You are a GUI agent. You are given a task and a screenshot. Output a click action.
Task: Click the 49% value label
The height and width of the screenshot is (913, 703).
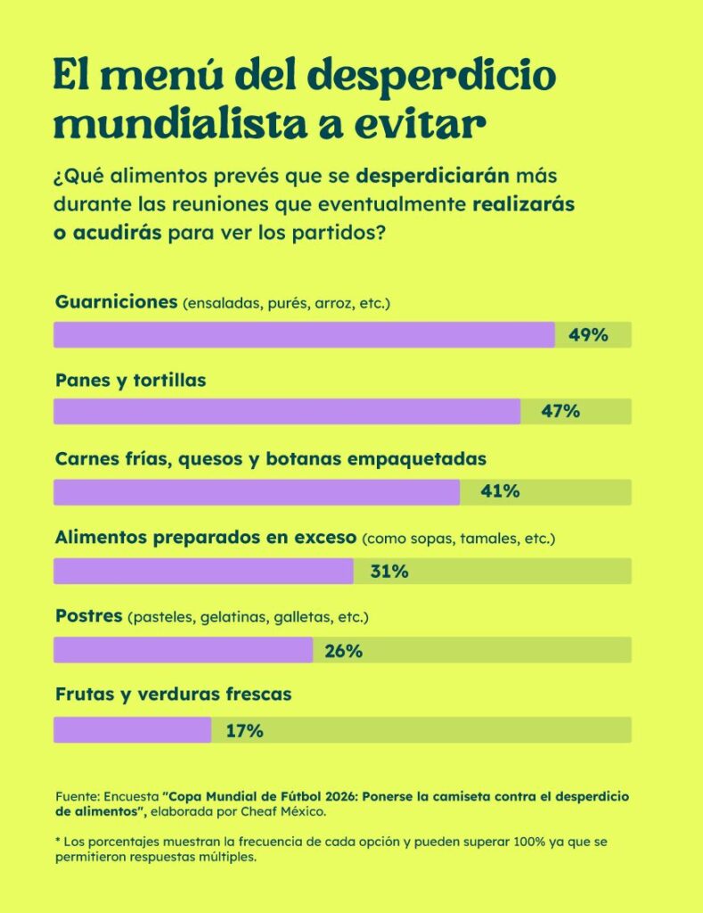tap(588, 335)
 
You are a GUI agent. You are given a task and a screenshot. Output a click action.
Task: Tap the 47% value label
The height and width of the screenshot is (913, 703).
tap(560, 412)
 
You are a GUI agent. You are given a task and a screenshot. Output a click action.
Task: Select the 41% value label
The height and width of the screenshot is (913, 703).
tap(500, 492)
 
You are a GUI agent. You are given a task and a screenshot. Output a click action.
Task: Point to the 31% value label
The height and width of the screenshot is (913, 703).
tap(389, 572)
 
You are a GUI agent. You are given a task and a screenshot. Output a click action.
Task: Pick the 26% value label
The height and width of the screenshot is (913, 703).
tap(343, 651)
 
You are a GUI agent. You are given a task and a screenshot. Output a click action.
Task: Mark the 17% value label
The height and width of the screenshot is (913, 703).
tap(244, 731)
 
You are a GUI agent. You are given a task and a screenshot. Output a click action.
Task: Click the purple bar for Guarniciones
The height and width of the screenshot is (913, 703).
tap(303, 335)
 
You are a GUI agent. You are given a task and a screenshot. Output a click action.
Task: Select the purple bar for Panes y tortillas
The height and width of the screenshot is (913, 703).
tap(286, 412)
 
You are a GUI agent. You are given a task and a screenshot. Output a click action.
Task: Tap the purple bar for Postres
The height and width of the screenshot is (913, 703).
tap(183, 651)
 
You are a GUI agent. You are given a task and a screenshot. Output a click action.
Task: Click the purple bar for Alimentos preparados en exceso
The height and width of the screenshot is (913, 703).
tap(203, 572)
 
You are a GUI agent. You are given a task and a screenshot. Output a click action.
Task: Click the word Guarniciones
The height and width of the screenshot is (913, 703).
tap(116, 301)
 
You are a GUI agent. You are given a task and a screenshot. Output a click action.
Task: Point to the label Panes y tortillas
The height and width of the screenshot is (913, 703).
tap(130, 381)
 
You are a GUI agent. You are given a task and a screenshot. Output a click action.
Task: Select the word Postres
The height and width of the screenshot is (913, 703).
tap(88, 616)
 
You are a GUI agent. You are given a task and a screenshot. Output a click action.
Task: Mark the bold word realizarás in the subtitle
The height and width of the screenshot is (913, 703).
tap(523, 203)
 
